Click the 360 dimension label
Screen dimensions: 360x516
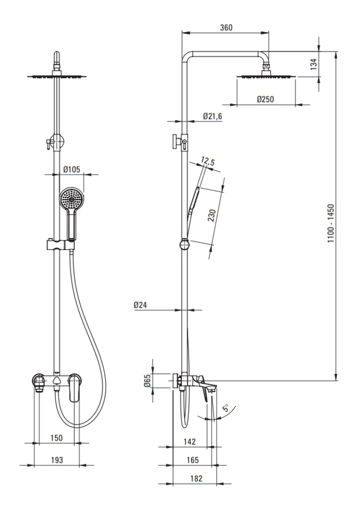point(226,27)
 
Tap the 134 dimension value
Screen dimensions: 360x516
point(314,64)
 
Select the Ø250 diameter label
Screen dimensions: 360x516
point(265,99)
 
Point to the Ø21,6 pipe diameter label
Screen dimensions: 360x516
point(212,116)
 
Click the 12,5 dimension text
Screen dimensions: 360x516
point(208,162)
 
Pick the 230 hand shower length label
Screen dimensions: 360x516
point(212,215)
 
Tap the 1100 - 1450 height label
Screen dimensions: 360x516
point(331,223)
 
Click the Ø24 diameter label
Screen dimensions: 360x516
point(140,305)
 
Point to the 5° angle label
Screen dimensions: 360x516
point(226,408)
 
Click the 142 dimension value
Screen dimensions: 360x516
point(190,442)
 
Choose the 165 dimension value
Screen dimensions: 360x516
point(192,460)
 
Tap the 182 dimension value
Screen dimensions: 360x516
point(196,478)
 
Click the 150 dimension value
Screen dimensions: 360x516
point(56,438)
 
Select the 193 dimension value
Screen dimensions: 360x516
point(57,460)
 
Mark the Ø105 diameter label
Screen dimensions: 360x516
point(71,169)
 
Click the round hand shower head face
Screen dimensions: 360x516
point(72,199)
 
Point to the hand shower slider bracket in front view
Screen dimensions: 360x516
point(59,245)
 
